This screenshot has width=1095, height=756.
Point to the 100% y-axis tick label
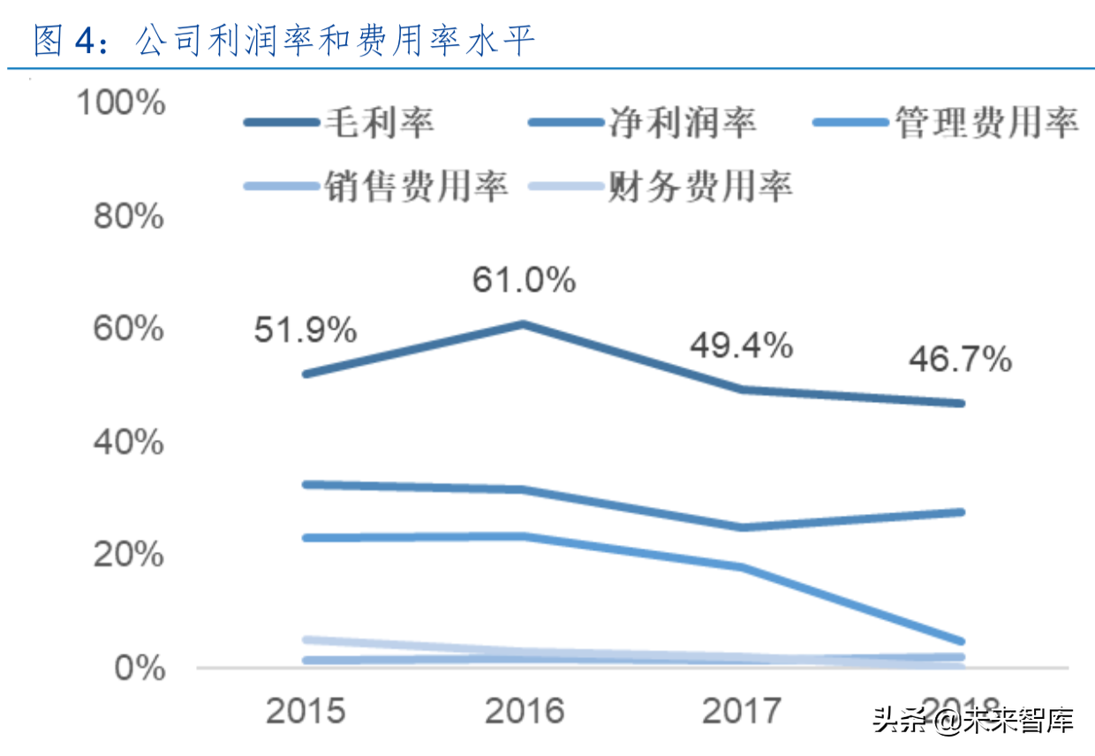[x=121, y=102]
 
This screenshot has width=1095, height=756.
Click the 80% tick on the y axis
[x=129, y=215]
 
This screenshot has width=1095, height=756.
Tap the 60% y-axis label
[x=129, y=329]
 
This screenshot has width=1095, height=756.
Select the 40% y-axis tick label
[x=129, y=442]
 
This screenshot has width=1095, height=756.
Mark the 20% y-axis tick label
[x=129, y=555]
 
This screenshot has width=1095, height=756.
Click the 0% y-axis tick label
[x=140, y=668]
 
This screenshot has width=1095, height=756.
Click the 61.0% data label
[x=524, y=280]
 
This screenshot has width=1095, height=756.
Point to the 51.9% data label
[x=306, y=331]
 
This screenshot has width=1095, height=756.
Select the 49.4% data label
[x=741, y=346]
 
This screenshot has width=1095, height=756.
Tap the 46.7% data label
[x=960, y=359]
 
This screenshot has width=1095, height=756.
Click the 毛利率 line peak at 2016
[x=523, y=324]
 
